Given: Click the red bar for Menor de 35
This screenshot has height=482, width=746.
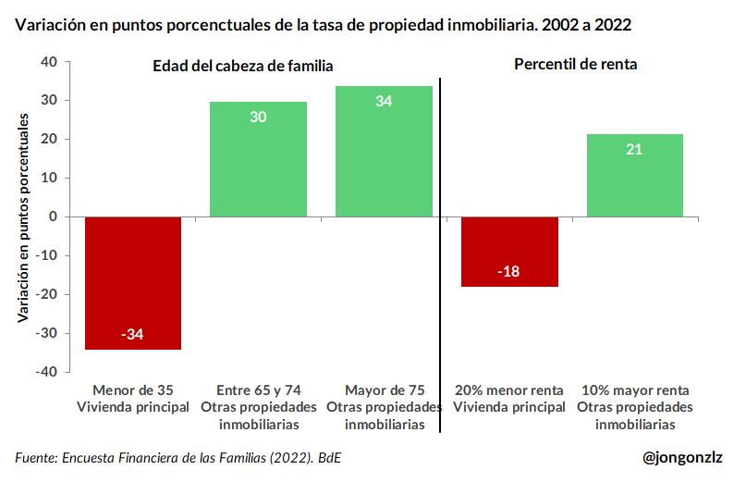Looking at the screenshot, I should click(133, 282).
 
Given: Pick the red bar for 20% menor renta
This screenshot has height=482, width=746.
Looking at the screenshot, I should click(509, 251).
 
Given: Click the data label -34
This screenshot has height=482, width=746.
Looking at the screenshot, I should click(133, 334).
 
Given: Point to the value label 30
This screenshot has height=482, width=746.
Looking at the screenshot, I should click(258, 117).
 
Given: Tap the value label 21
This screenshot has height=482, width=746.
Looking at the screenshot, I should click(634, 149).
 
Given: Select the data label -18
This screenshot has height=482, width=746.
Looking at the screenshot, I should click(508, 271).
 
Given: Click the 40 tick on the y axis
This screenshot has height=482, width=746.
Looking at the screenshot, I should click(49, 62).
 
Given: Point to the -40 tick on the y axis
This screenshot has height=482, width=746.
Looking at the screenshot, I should click(46, 372).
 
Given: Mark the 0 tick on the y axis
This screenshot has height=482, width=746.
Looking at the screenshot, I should click(54, 216).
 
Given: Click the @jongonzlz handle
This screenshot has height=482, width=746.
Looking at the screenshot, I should click(683, 457).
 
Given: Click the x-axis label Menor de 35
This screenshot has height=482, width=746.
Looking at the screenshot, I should click(133, 389).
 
